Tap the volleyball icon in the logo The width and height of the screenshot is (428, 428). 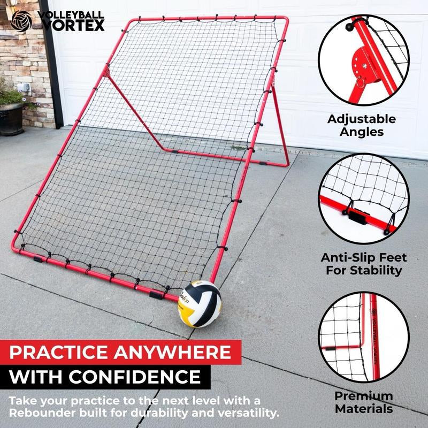tap(21, 21)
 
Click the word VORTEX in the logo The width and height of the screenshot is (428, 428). tap(72, 25)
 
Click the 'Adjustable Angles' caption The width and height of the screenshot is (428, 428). tap(362, 125)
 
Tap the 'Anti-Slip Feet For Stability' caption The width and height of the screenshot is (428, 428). tap(364, 264)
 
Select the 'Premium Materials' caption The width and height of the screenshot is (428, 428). tap(364, 402)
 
